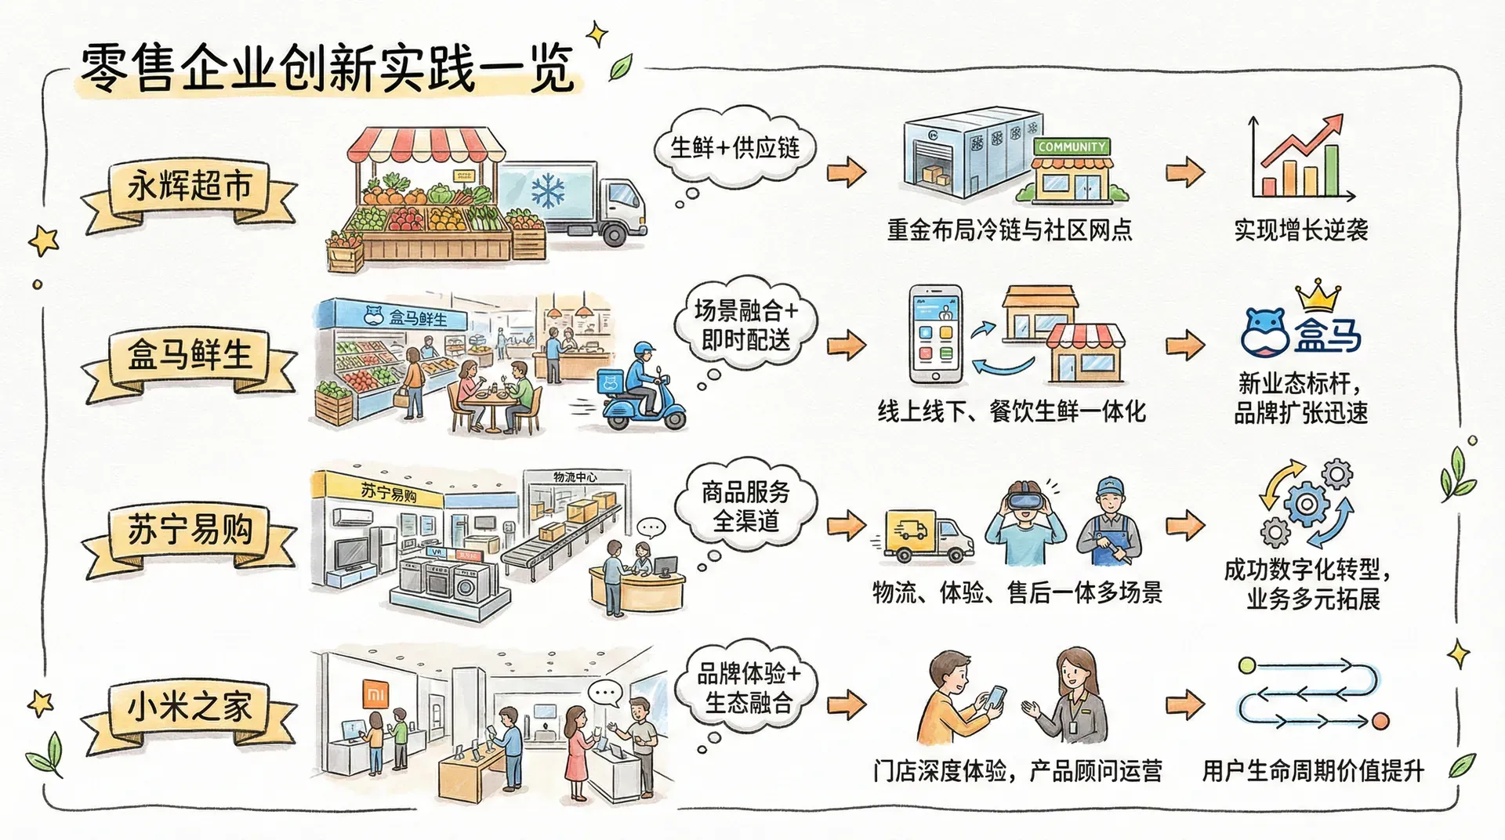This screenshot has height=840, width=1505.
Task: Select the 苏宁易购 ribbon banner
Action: coord(190,530)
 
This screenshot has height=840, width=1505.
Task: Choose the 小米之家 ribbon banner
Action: coord(190,708)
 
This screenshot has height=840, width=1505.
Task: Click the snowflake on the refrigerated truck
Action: coord(548,190)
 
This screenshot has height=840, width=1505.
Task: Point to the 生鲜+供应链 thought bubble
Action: coord(734,148)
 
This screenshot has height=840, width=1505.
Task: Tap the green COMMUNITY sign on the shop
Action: coord(1072,147)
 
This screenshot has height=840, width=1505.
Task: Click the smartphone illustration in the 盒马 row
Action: coord(935,335)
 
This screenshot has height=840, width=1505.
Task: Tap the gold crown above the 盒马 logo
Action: coord(1318,296)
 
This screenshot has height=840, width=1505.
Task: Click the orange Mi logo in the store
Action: coord(377,694)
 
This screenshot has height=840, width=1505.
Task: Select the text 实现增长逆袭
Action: coord(1300,230)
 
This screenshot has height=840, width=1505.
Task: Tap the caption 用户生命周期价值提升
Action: coord(1312,771)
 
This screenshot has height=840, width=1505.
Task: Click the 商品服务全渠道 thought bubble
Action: coord(745,506)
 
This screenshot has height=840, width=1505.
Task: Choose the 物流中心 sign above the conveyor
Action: coord(575,476)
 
